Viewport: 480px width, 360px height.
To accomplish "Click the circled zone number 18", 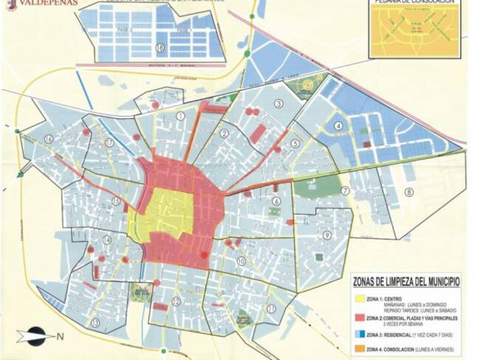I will pyautogui.click(x=160, y=48).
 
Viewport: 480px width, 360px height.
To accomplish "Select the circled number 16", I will pyautogui.click(x=49, y=138).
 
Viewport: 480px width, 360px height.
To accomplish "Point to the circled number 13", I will pyautogui.click(x=95, y=322).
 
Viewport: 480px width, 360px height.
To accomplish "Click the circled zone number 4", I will pyautogui.click(x=338, y=125).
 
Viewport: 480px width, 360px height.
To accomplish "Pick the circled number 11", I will pyautogui.click(x=271, y=308).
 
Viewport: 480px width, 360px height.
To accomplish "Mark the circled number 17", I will pyautogui.click(x=109, y=143).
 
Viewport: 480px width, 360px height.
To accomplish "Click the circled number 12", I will pyautogui.click(x=176, y=301).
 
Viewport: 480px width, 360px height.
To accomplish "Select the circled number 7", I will pyautogui.click(x=345, y=191).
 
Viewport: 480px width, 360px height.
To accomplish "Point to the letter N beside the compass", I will pyautogui.click(x=61, y=336).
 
